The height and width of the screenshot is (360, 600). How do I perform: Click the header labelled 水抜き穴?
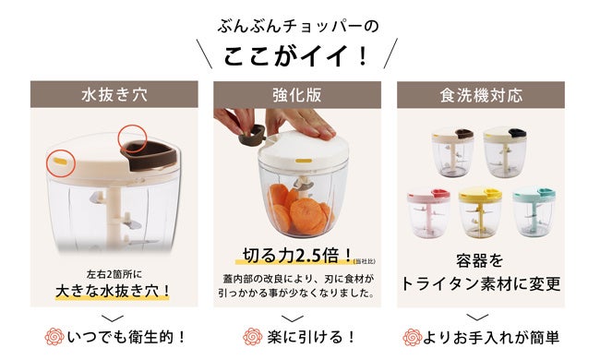[114, 94]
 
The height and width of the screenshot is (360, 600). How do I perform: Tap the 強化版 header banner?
[297, 94]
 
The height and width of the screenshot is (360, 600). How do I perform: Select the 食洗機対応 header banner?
[481, 94]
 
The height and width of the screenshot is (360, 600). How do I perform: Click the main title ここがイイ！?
[295, 56]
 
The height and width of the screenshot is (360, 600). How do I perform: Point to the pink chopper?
[428, 211]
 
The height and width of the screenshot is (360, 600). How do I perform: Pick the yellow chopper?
[480, 211]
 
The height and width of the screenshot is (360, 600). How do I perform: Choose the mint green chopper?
[534, 211]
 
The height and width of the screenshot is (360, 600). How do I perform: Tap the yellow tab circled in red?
[60, 161]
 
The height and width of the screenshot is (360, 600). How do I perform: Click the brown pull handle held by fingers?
[251, 136]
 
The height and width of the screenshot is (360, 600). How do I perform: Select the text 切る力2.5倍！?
[297, 256]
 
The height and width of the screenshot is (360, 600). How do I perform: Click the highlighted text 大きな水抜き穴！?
[113, 291]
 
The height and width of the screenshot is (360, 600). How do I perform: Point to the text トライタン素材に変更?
[480, 283]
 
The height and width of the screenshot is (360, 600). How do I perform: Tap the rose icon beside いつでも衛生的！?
[54, 337]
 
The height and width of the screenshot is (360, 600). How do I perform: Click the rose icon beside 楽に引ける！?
[253, 337]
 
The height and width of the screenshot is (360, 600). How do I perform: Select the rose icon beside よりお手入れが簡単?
[412, 337]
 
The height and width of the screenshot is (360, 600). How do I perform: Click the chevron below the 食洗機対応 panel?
[477, 318]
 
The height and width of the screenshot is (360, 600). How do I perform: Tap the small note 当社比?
[365, 261]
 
